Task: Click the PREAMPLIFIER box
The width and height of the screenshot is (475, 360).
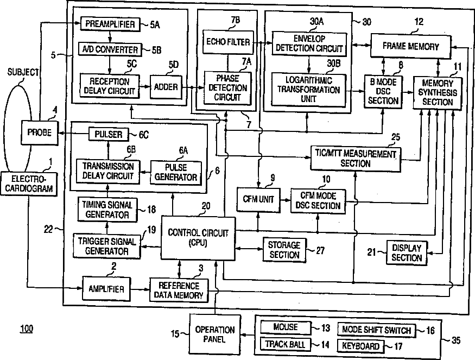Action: [110, 24]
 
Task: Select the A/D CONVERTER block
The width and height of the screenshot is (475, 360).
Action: [110, 49]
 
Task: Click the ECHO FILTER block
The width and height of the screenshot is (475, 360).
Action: [227, 42]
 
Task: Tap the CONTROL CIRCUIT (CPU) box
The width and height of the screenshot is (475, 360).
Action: [198, 237]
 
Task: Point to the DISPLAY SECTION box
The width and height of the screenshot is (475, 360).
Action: [407, 252]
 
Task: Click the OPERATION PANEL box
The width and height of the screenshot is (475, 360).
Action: [215, 334]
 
